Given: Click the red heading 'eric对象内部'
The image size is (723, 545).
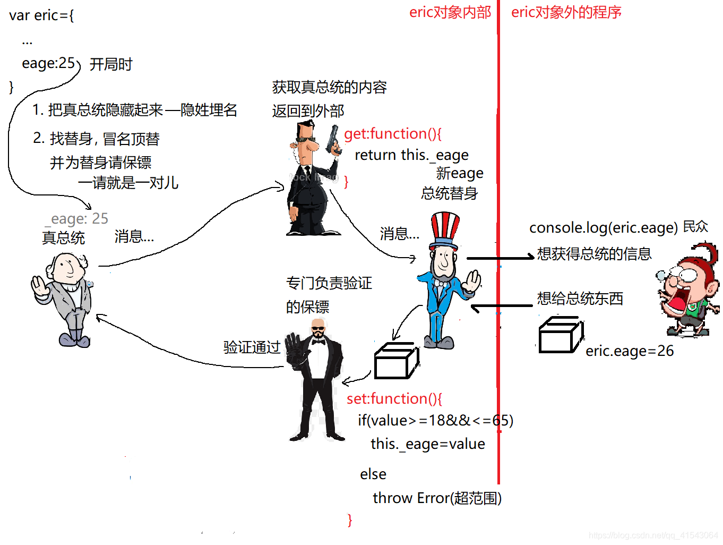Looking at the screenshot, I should (450, 12).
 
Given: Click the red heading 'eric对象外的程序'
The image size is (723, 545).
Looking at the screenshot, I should (566, 12).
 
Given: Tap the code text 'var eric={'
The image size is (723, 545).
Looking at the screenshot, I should (41, 15).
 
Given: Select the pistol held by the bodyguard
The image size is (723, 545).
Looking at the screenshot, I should (333, 139).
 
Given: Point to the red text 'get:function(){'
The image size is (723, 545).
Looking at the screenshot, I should (392, 133).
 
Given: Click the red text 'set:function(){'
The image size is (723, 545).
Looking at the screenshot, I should (394, 398).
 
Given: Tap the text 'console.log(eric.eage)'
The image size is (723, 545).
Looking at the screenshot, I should (603, 227).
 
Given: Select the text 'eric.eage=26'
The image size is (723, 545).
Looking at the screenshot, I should (629, 351).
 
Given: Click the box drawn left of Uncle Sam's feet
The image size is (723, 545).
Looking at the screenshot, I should (396, 361).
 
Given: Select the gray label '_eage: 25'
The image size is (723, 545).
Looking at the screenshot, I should (78, 218).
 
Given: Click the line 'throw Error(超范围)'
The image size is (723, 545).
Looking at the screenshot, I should (436, 498).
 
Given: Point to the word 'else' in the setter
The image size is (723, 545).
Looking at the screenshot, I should (373, 474).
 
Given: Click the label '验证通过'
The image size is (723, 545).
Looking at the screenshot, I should (252, 347).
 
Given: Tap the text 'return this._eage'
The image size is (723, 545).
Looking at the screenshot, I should (411, 155).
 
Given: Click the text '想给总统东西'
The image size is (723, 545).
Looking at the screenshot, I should (580, 299).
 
